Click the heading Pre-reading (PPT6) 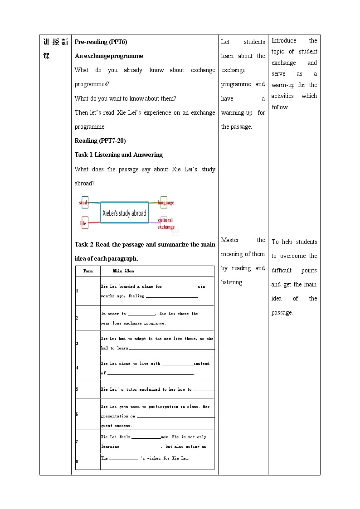point(101,42)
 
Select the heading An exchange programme point(109,56)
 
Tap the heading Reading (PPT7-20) point(100,141)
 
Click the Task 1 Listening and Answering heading point(119,155)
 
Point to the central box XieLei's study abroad point(124,213)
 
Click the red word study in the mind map point(84,203)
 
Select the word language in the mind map point(166,203)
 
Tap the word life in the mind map point(83,223)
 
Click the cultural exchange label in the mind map point(165,223)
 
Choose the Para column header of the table point(88,271)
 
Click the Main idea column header point(123,271)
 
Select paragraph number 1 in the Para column point(77,291)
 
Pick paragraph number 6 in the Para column point(77,414)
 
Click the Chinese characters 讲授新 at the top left point(55,42)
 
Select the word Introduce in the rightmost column point(284,41)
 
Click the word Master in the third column point(230,240)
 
